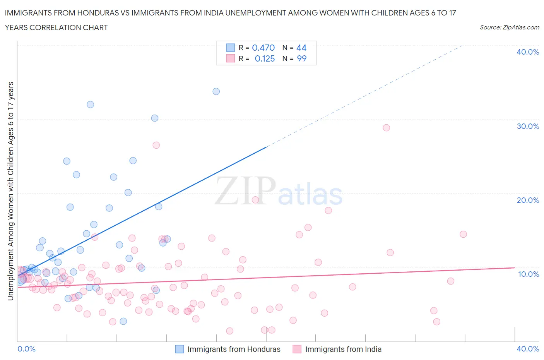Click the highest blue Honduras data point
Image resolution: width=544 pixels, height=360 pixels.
[216, 91]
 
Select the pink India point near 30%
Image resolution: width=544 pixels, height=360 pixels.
[386, 128]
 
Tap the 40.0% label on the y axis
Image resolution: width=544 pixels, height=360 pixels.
[528, 52]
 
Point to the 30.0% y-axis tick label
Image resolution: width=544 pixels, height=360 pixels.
[528, 126]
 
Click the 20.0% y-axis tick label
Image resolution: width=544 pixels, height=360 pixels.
[528, 200]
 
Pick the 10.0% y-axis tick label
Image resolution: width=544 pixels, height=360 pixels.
[528, 274]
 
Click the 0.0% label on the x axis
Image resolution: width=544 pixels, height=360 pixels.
[26, 349]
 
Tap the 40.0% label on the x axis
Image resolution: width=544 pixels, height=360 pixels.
[528, 349]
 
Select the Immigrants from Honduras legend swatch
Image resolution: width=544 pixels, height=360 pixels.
[180, 349]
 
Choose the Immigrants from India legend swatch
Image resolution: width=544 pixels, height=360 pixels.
[297, 349]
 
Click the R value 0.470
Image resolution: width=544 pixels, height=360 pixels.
[263, 48]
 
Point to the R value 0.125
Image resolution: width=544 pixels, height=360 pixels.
[265, 58]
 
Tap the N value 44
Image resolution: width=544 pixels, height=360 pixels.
[301, 48]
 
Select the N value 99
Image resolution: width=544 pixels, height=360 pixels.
[301, 58]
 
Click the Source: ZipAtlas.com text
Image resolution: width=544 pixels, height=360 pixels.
[509, 27]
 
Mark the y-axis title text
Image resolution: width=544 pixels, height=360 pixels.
[10, 191]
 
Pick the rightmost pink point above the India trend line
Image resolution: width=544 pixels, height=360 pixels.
[463, 234]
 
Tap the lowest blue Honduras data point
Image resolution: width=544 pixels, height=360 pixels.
[123, 321]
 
